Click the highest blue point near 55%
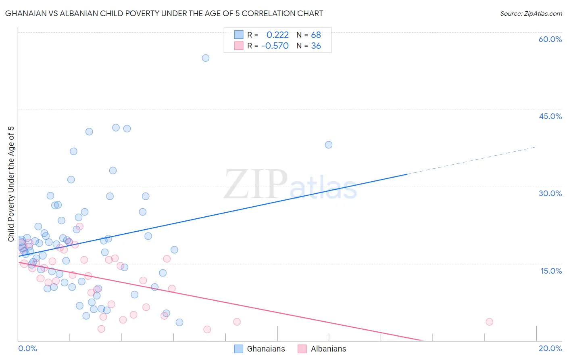(x=206, y=58)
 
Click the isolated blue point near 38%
(x=329, y=145)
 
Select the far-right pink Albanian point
(x=490, y=322)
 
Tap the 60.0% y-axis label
(x=550, y=39)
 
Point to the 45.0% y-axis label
(x=550, y=116)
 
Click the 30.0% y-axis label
(x=550, y=193)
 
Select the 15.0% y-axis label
(x=551, y=271)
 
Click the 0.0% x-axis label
(x=27, y=348)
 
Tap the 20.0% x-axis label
(x=550, y=348)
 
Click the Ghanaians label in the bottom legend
(x=266, y=349)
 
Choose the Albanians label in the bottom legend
(x=328, y=349)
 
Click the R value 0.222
(x=277, y=35)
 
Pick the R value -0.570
(x=275, y=46)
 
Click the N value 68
(x=316, y=35)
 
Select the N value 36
(x=316, y=46)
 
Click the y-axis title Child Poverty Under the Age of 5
(x=11, y=184)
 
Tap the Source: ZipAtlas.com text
(x=531, y=14)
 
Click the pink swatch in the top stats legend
(x=239, y=46)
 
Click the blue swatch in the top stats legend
(x=239, y=35)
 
